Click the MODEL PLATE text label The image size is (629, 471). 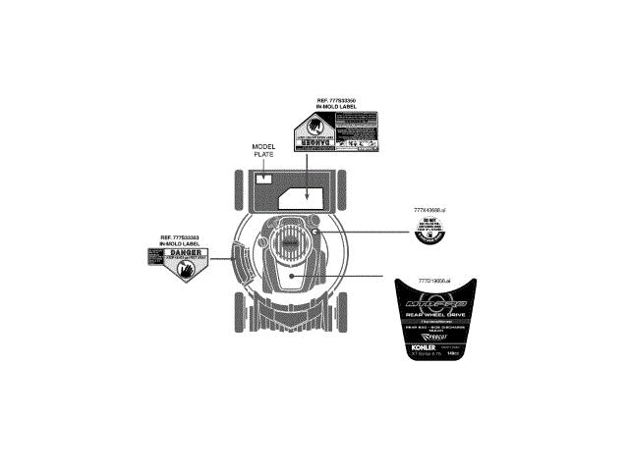tap(265, 150)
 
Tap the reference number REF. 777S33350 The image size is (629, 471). tap(336, 103)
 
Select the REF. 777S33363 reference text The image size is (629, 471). tap(180, 239)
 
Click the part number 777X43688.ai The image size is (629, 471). tap(431, 211)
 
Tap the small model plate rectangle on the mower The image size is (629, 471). tap(264, 180)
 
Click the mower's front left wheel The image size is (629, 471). tap(239, 190)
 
